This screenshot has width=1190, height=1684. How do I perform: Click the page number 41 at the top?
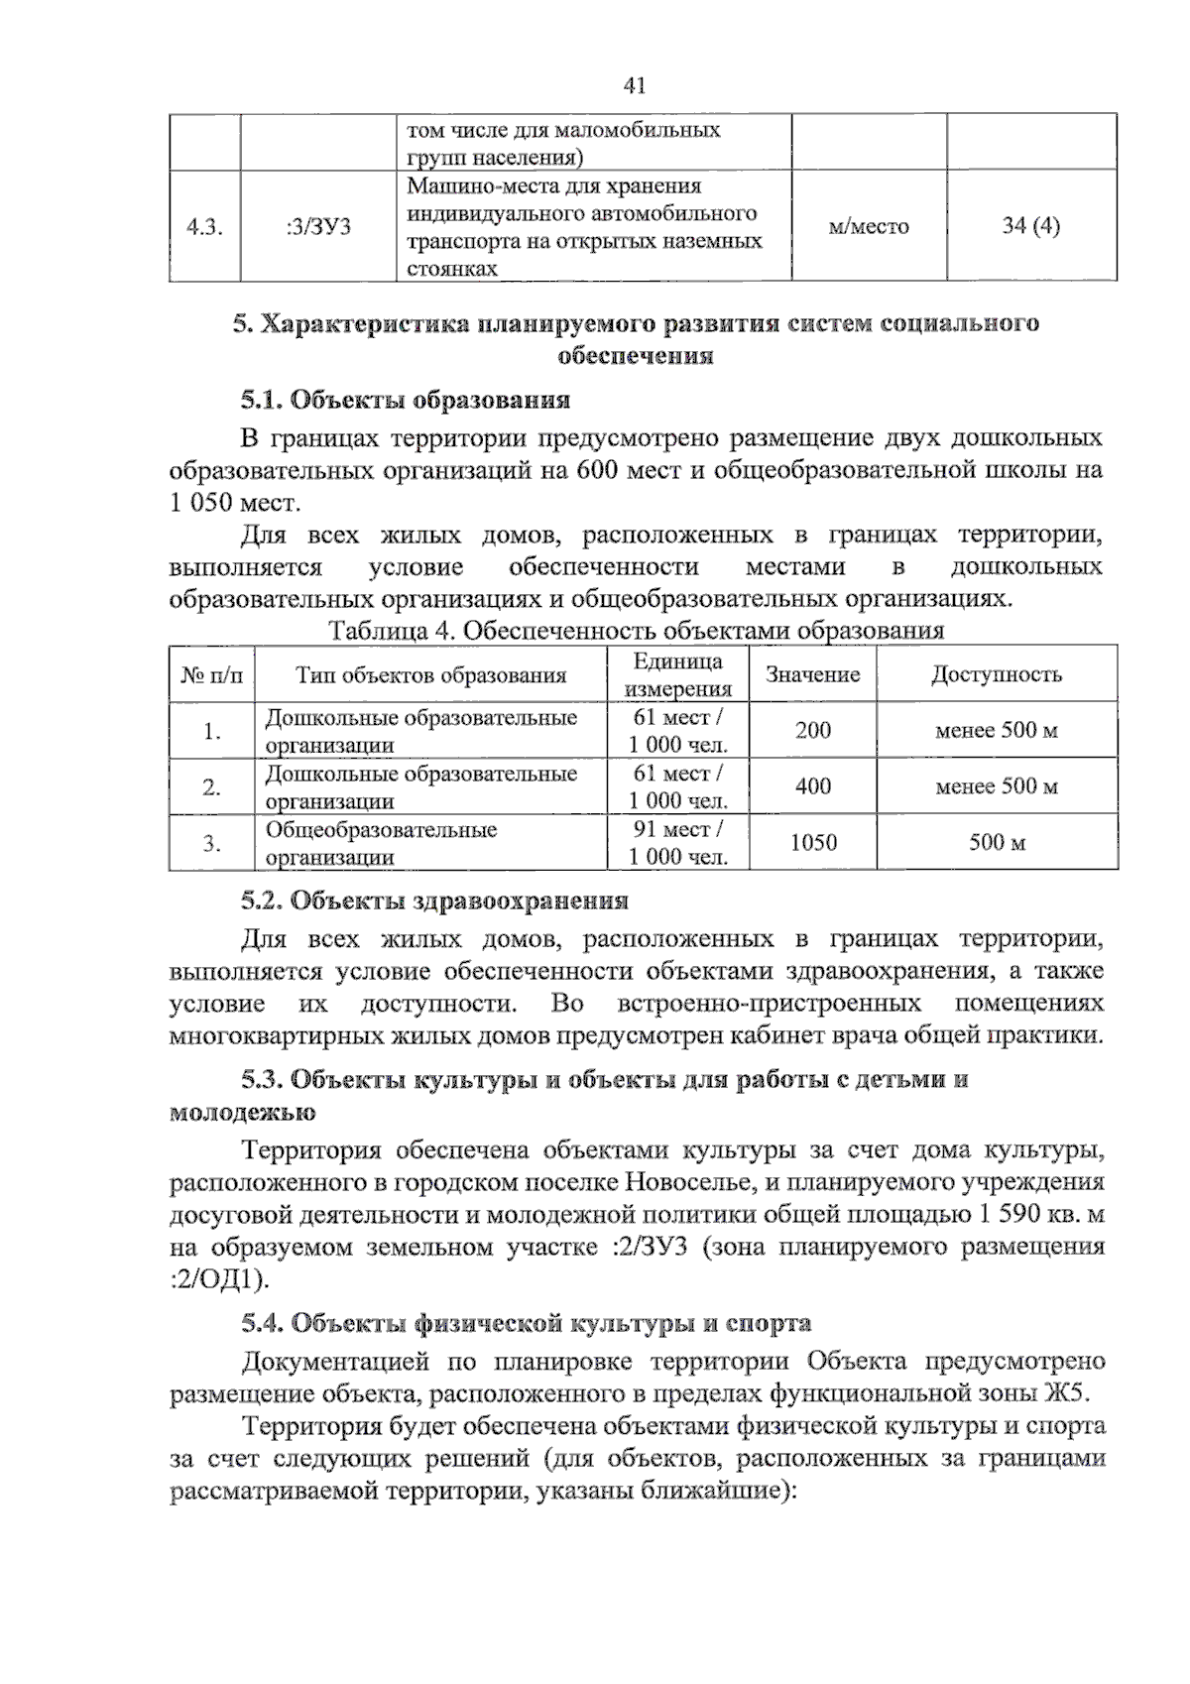[x=635, y=86]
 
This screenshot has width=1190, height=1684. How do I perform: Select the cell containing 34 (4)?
[x=1030, y=226]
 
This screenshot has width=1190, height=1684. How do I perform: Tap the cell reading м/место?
[x=868, y=227]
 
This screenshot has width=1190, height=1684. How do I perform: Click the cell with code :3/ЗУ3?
[x=317, y=227]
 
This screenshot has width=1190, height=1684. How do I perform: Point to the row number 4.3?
[x=203, y=227]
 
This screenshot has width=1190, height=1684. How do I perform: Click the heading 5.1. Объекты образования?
[x=406, y=401]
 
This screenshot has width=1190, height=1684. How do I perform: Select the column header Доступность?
[x=996, y=675]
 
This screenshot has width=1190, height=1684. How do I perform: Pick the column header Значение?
[x=812, y=675]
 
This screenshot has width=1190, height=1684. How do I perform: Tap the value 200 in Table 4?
[x=812, y=731]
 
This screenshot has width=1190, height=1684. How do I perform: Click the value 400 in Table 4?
[x=812, y=787]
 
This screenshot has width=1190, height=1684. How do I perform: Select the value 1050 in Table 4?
[x=812, y=843]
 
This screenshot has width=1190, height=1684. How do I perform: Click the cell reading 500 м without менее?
[x=997, y=844]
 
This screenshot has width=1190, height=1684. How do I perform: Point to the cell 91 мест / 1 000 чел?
[x=678, y=843]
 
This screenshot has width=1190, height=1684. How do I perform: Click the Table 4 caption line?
[x=635, y=631]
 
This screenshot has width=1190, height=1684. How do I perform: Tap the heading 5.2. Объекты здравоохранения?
[x=435, y=901]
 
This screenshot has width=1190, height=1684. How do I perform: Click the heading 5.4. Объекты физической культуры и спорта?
[x=527, y=1323]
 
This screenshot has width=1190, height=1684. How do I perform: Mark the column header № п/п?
[x=211, y=675]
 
